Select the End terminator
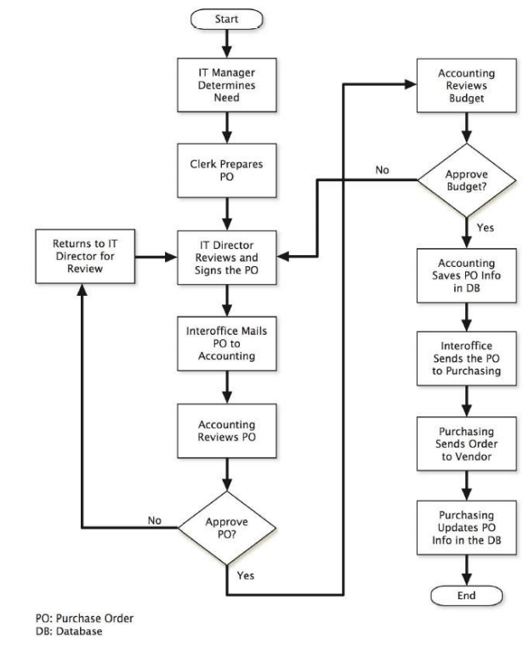(466, 595)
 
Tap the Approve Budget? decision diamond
(466, 179)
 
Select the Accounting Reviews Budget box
(466, 83)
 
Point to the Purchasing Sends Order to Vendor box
(466, 446)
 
